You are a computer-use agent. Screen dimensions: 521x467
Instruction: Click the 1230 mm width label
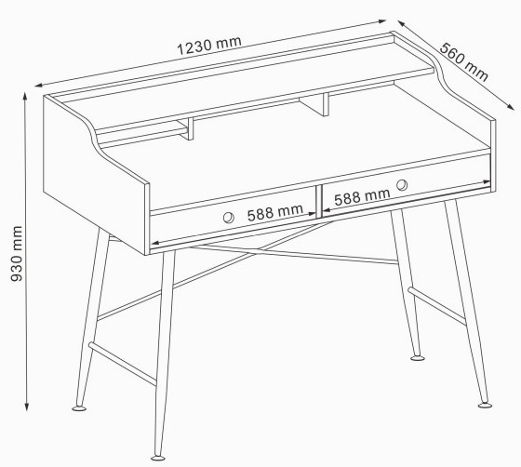[208, 46]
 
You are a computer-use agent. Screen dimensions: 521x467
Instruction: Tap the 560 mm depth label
[464, 62]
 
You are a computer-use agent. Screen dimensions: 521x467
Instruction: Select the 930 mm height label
[17, 254]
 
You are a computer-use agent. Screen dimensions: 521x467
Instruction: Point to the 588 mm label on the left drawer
[274, 212]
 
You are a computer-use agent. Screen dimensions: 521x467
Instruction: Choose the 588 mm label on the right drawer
[362, 196]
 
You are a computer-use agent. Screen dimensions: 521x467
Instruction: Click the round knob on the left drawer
[228, 218]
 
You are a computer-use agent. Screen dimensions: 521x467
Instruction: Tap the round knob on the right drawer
[402, 185]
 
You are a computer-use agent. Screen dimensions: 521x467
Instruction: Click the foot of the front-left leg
[158, 458]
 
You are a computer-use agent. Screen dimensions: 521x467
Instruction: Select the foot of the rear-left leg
[79, 407]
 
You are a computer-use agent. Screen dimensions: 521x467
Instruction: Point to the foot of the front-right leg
[485, 405]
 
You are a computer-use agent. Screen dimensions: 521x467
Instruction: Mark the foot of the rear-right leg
[418, 358]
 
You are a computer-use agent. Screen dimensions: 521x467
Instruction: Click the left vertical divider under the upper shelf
[191, 128]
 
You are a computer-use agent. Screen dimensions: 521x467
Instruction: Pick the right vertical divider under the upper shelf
[326, 104]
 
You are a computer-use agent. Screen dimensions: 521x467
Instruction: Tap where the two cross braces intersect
[253, 253]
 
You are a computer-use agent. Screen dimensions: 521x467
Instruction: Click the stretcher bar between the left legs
[122, 364]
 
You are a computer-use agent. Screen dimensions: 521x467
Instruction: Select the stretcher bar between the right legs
[436, 306]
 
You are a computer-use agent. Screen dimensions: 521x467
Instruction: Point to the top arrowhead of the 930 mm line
[25, 96]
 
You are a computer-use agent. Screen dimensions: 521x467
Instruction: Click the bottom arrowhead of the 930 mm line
[27, 407]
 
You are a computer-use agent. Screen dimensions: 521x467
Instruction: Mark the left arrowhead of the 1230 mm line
[38, 86]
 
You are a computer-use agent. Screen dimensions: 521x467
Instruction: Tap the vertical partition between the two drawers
[318, 201]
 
